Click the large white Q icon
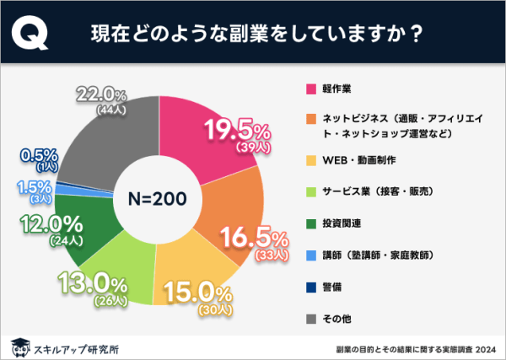point(32,35)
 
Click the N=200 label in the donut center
point(158,199)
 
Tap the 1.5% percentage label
point(39,185)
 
